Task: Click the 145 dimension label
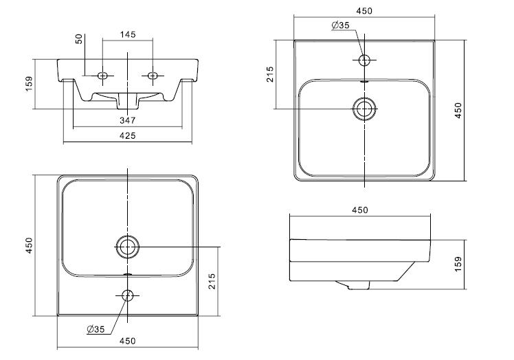pyautogui.click(x=128, y=34)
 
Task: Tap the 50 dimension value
pyautogui.click(x=79, y=39)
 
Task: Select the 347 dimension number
pyautogui.click(x=128, y=120)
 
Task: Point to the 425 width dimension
pyautogui.click(x=128, y=135)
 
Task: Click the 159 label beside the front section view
pyautogui.click(x=29, y=84)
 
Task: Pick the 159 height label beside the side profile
pyautogui.click(x=458, y=264)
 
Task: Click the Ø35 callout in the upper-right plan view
pyautogui.click(x=341, y=25)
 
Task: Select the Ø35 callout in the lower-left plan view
pyautogui.click(x=96, y=329)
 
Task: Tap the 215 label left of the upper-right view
pyautogui.click(x=270, y=74)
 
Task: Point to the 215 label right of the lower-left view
pyautogui.click(x=212, y=281)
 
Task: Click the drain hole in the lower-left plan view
pyautogui.click(x=128, y=247)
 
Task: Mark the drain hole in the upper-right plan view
pyautogui.click(x=364, y=109)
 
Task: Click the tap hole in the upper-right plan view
pyautogui.click(x=364, y=60)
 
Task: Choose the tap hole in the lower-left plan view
pyautogui.click(x=128, y=295)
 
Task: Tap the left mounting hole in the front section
pyautogui.click(x=102, y=76)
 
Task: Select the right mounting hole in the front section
pyautogui.click(x=153, y=76)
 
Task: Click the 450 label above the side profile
pyautogui.click(x=360, y=210)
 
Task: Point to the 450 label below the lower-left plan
pyautogui.click(x=128, y=341)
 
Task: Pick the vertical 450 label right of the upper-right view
pyautogui.click(x=458, y=111)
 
